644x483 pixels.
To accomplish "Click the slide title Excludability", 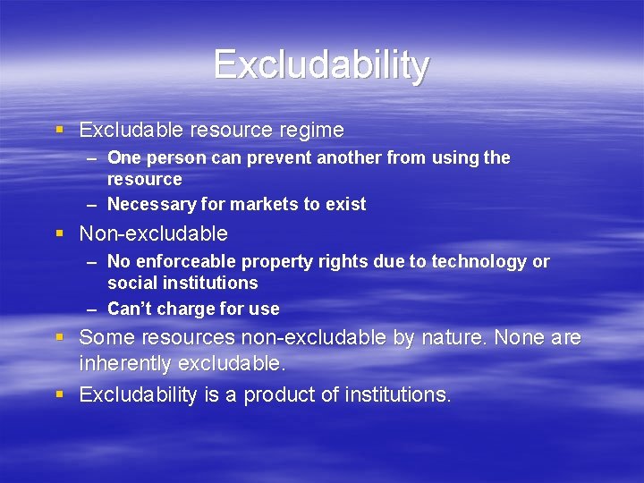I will [x=321, y=65].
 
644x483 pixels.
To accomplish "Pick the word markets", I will [x=260, y=205].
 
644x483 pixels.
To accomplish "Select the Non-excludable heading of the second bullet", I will [x=153, y=234].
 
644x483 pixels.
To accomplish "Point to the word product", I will [x=277, y=394].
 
